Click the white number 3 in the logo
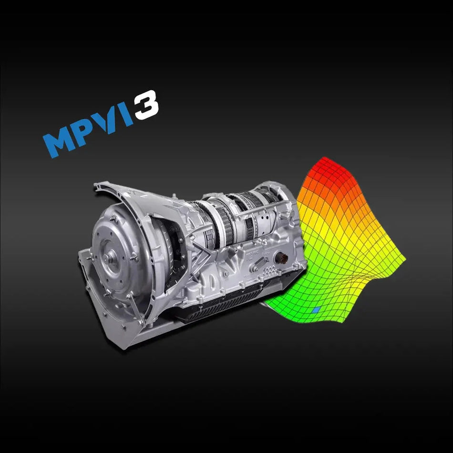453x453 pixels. [x=145, y=105]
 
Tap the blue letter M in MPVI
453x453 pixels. [x=60, y=141]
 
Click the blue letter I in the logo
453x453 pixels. [x=127, y=116]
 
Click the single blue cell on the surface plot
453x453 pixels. [x=315, y=310]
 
